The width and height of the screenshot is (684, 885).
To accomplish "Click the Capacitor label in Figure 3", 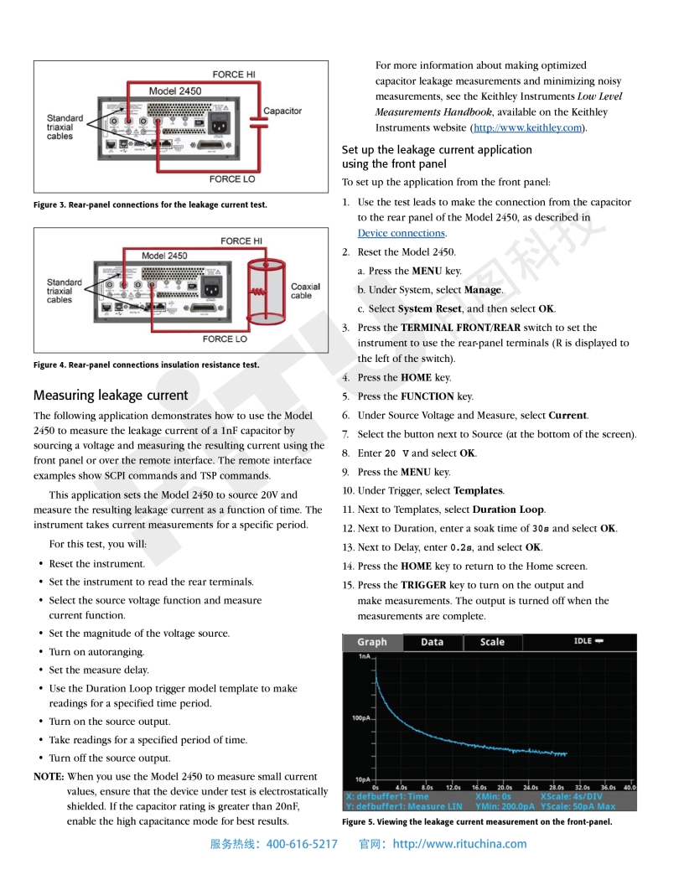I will [282, 111].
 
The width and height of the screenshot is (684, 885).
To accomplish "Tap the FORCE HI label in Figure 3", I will [234, 75].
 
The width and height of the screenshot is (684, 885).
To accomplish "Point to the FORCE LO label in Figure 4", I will [225, 339].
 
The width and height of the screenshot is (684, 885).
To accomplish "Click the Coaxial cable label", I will [306, 291].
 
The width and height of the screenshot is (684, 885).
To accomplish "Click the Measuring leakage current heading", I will [111, 395].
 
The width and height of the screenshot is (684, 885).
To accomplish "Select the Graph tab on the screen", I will [372, 642].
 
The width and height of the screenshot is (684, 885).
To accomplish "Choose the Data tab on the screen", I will [432, 642].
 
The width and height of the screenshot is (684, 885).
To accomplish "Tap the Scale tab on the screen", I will [492, 642].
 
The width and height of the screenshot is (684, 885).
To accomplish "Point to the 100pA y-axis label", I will [362, 718].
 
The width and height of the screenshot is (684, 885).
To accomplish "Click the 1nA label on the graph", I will [365, 657].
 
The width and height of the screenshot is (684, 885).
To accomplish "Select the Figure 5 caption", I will [477, 822].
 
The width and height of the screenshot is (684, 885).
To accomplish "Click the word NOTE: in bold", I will [49, 776].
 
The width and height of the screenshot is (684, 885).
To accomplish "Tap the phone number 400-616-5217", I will [301, 844].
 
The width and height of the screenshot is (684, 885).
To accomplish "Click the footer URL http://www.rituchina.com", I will [459, 844].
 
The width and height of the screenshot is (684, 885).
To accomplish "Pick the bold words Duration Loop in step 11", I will [508, 510].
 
